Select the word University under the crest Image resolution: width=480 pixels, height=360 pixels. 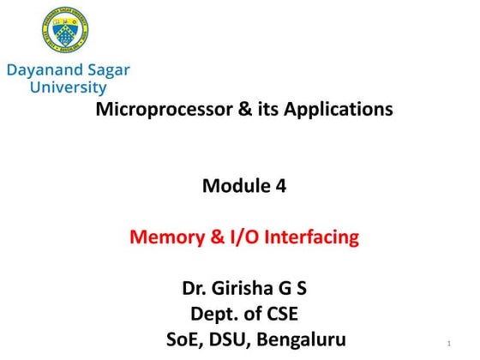(x=68, y=87)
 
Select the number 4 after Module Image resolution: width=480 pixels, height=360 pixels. (x=280, y=185)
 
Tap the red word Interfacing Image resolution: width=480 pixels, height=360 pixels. (x=314, y=237)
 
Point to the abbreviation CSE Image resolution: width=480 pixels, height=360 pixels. (x=279, y=314)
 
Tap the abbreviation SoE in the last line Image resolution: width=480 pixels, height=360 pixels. (x=188, y=339)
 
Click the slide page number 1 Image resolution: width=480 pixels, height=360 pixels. (x=449, y=345)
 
